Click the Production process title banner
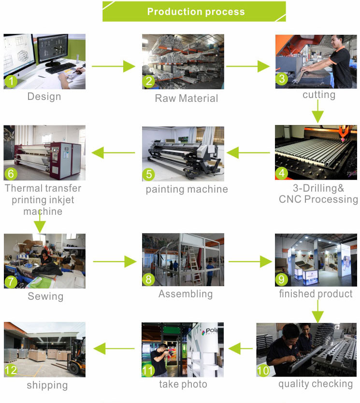click(x=194, y=12)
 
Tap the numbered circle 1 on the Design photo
click(x=11, y=82)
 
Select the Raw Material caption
click(x=186, y=98)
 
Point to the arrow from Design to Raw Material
click(x=114, y=66)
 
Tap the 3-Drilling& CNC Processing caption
click(x=318, y=193)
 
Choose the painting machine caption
click(x=187, y=189)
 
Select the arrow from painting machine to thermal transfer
click(x=114, y=153)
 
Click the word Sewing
click(x=45, y=296)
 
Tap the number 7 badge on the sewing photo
click(x=11, y=281)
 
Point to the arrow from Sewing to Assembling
click(x=115, y=262)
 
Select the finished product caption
click(x=316, y=293)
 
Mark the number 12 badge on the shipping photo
click(x=12, y=371)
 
